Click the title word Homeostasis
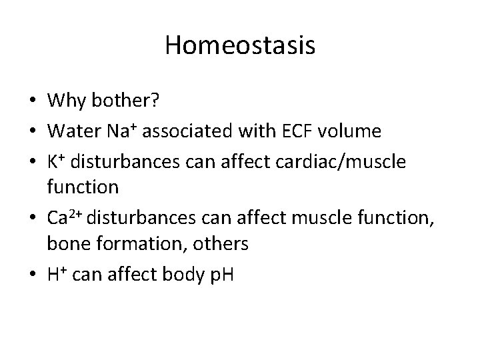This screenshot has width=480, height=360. tap(240, 46)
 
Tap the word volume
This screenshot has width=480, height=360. tap(353, 131)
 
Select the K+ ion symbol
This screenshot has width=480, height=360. tap(57, 159)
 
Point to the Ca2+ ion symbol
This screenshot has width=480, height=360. tap(65, 216)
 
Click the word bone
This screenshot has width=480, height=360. tap(65, 245)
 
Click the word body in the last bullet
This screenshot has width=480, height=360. tap(179, 273)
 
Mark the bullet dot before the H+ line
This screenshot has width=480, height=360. tap(32, 274)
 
